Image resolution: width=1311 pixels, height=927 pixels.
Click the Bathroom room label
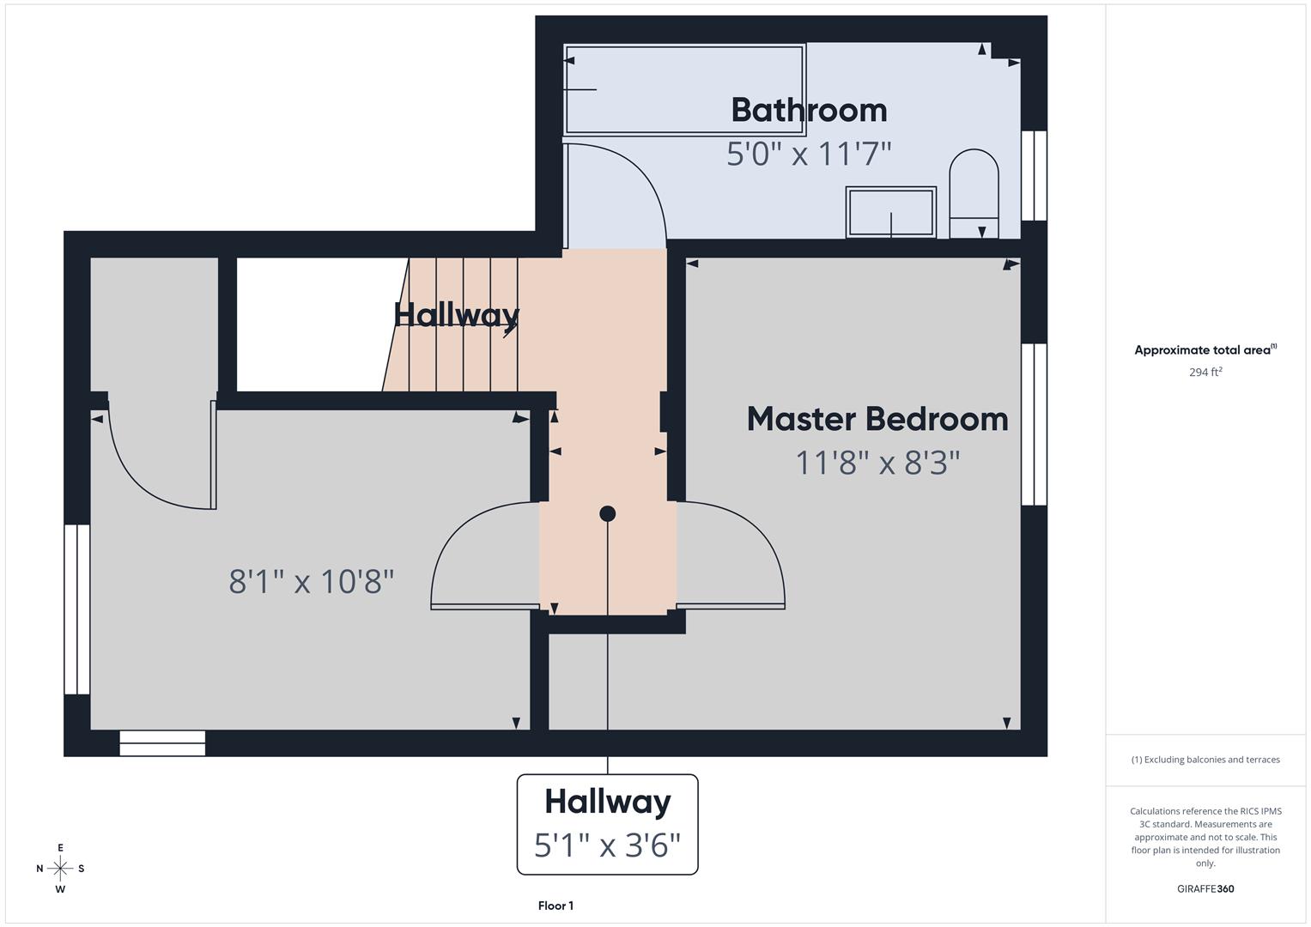point(809,111)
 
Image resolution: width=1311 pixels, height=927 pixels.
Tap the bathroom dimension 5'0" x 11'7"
point(809,154)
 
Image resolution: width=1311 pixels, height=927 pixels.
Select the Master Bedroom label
point(877,420)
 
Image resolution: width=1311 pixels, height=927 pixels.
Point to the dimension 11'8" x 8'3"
point(877,463)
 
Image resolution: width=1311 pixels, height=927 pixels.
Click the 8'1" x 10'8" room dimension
point(312,582)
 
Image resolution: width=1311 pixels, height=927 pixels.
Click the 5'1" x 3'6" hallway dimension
point(607,845)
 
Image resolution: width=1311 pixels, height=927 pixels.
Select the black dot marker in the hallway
point(607,514)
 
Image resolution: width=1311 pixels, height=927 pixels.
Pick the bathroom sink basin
point(890,211)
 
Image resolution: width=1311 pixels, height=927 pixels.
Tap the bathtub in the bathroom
point(683,89)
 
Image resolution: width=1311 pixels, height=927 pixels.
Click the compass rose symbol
point(60,869)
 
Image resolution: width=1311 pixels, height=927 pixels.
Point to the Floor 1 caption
point(555,906)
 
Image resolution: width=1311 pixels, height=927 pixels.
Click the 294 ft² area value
point(1205,373)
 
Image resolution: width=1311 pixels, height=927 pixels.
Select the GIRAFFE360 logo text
point(1205,889)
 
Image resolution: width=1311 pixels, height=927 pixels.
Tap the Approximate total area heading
point(1205,350)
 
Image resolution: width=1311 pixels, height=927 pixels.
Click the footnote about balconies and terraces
point(1205,760)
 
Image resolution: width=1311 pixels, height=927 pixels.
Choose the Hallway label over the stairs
point(457,315)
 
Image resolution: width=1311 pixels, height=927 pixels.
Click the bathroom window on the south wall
point(1034,176)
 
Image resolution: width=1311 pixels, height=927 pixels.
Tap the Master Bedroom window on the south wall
point(1034,424)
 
